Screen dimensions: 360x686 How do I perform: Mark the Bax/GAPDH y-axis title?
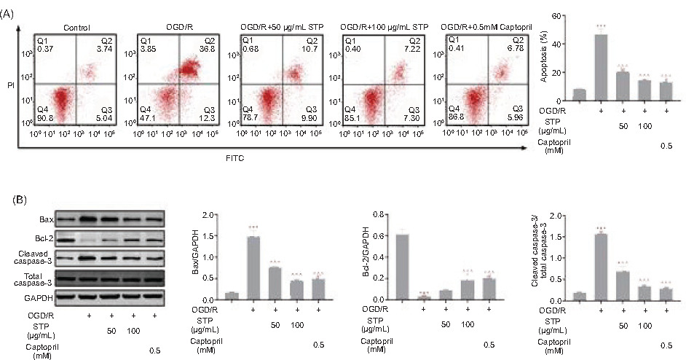tap(194, 257)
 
